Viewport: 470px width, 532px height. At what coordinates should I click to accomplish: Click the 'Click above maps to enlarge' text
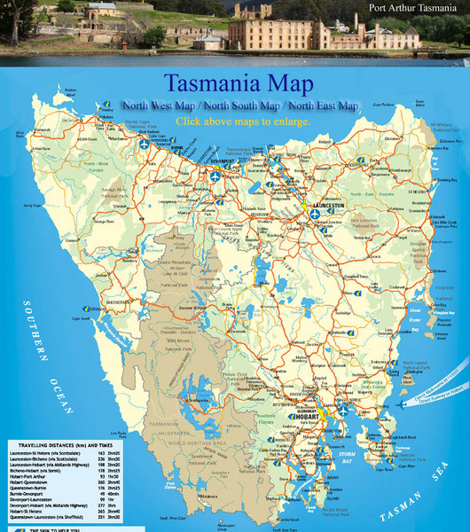tap(241, 121)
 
